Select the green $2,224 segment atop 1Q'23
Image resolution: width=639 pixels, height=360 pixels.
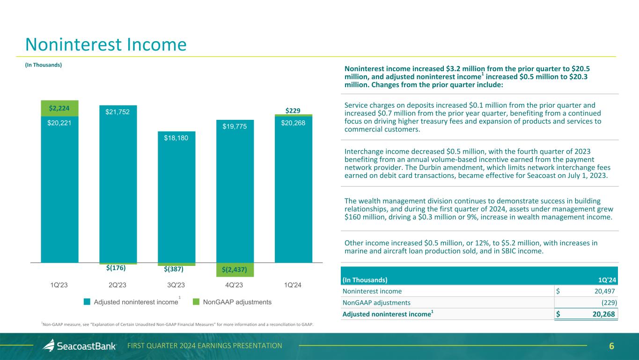tap(59, 108)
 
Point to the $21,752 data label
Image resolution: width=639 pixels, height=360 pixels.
tap(118, 112)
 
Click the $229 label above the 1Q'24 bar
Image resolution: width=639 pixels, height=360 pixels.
tap(293, 110)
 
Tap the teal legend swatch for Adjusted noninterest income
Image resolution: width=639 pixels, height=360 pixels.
tap(87, 302)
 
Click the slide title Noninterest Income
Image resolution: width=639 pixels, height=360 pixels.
tap(106, 44)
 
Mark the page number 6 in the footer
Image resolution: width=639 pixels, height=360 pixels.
tap(611, 346)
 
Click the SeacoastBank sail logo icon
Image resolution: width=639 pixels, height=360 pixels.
tap(49, 345)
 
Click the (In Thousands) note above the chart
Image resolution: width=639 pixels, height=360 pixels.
tap(44, 65)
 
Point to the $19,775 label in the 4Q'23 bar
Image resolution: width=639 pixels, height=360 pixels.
tap(235, 126)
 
